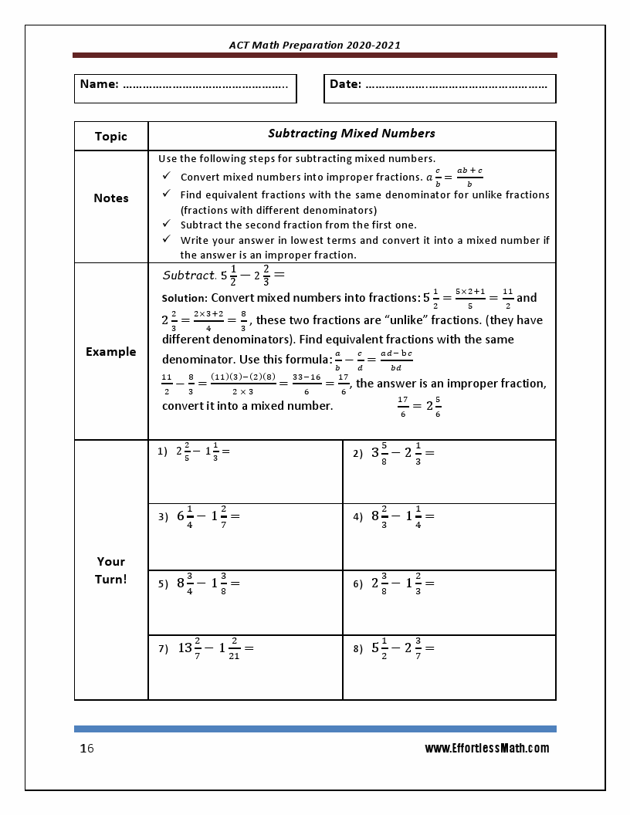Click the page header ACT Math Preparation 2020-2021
314,45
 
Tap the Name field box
185,88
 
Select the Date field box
439,88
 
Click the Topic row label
111,136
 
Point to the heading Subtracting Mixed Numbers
351,133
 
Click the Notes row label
111,198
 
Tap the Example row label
111,351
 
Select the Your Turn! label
111,570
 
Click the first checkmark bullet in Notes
166,177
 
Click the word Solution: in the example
185,298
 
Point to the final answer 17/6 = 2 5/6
419,406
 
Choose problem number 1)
162,451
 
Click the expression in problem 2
402,453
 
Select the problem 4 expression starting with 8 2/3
402,516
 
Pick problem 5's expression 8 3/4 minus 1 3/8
208,583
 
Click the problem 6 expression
402,583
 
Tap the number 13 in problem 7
185,648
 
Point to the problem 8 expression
402,648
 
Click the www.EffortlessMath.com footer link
486,748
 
